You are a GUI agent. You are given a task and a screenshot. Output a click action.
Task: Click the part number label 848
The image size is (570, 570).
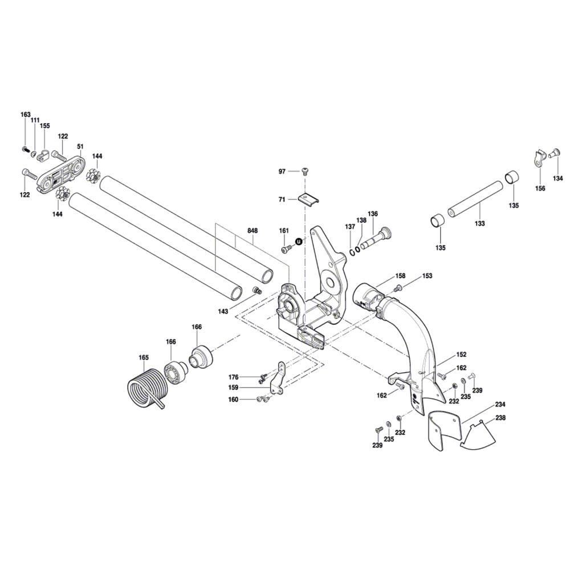253,231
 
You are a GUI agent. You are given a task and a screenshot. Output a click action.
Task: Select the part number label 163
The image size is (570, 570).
25,115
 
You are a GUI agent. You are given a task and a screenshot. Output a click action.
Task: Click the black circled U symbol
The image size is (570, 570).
298,242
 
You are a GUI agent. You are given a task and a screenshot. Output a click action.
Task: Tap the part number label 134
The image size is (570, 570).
557,178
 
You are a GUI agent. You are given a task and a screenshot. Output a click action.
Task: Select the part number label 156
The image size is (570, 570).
540,188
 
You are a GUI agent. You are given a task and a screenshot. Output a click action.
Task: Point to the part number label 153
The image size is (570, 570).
427,276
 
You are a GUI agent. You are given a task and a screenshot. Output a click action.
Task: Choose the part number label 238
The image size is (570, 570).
500,418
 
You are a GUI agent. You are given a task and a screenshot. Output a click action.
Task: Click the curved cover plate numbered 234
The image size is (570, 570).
443,427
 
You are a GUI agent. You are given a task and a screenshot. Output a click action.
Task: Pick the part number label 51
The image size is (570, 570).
80,146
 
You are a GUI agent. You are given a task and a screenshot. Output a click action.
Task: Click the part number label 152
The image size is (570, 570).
461,354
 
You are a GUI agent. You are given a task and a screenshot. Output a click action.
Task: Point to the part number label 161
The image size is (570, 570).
284,230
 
